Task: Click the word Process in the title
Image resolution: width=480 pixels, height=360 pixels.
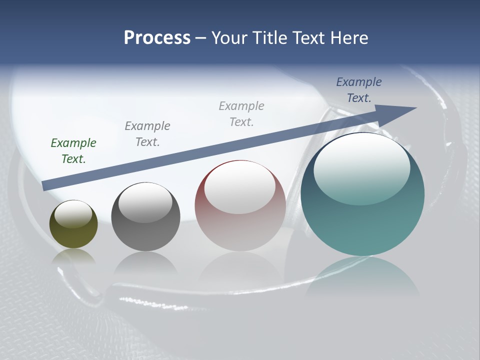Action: pos(157,38)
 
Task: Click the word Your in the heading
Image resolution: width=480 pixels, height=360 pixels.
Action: pos(229,38)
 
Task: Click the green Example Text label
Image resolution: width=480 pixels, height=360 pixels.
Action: pos(73,151)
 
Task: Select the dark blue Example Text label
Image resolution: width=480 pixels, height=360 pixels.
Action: pos(359,90)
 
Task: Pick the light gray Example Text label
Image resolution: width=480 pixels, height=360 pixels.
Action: pos(241,114)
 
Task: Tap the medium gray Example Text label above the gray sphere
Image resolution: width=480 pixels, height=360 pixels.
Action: pos(147,134)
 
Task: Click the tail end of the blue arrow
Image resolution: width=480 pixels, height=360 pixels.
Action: pos(45,185)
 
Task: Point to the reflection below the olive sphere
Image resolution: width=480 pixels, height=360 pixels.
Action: pos(73,257)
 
